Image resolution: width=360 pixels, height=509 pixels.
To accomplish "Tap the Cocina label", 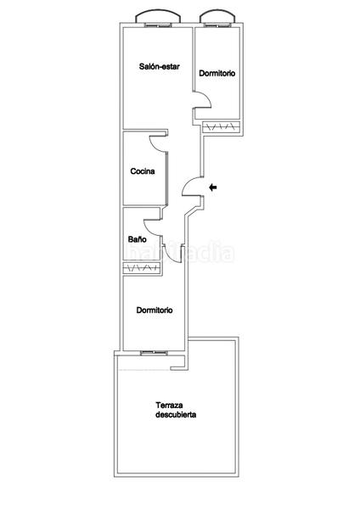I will click(x=143, y=172).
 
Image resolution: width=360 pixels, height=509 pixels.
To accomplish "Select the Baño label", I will click(x=137, y=240).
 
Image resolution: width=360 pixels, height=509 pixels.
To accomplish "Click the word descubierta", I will click(x=177, y=416).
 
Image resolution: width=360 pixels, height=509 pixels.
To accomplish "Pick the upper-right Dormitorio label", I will click(x=217, y=74).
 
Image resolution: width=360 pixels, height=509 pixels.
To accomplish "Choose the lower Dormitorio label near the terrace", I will click(x=155, y=310).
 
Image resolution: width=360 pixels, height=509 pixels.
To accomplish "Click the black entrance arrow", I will click(x=213, y=187).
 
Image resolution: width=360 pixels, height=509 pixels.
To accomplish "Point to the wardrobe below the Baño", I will click(x=141, y=269).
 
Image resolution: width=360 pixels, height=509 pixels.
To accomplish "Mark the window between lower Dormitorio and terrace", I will click(x=154, y=351).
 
